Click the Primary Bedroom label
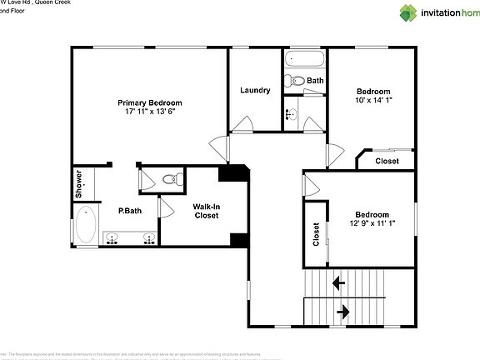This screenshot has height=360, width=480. (x=149, y=102)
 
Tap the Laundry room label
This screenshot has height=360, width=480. (x=255, y=90)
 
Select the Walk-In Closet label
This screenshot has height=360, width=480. (x=206, y=211)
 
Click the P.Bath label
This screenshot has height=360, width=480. (x=129, y=211)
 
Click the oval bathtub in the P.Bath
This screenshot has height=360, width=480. (x=85, y=223)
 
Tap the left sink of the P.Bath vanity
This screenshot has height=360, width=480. (x=112, y=238)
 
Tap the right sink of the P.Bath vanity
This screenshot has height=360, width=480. (x=149, y=238)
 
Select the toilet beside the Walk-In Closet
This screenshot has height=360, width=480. (x=171, y=178)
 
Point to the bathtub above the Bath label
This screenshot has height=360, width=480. (x=303, y=60)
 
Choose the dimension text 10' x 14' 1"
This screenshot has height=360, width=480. (x=373, y=100)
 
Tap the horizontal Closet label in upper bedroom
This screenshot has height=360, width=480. (x=387, y=161)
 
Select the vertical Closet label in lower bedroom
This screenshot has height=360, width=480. (x=316, y=234)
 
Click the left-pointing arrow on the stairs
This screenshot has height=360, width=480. (x=340, y=282)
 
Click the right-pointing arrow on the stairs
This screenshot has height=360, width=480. (x=343, y=312)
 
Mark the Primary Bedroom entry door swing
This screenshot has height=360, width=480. (x=220, y=148)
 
